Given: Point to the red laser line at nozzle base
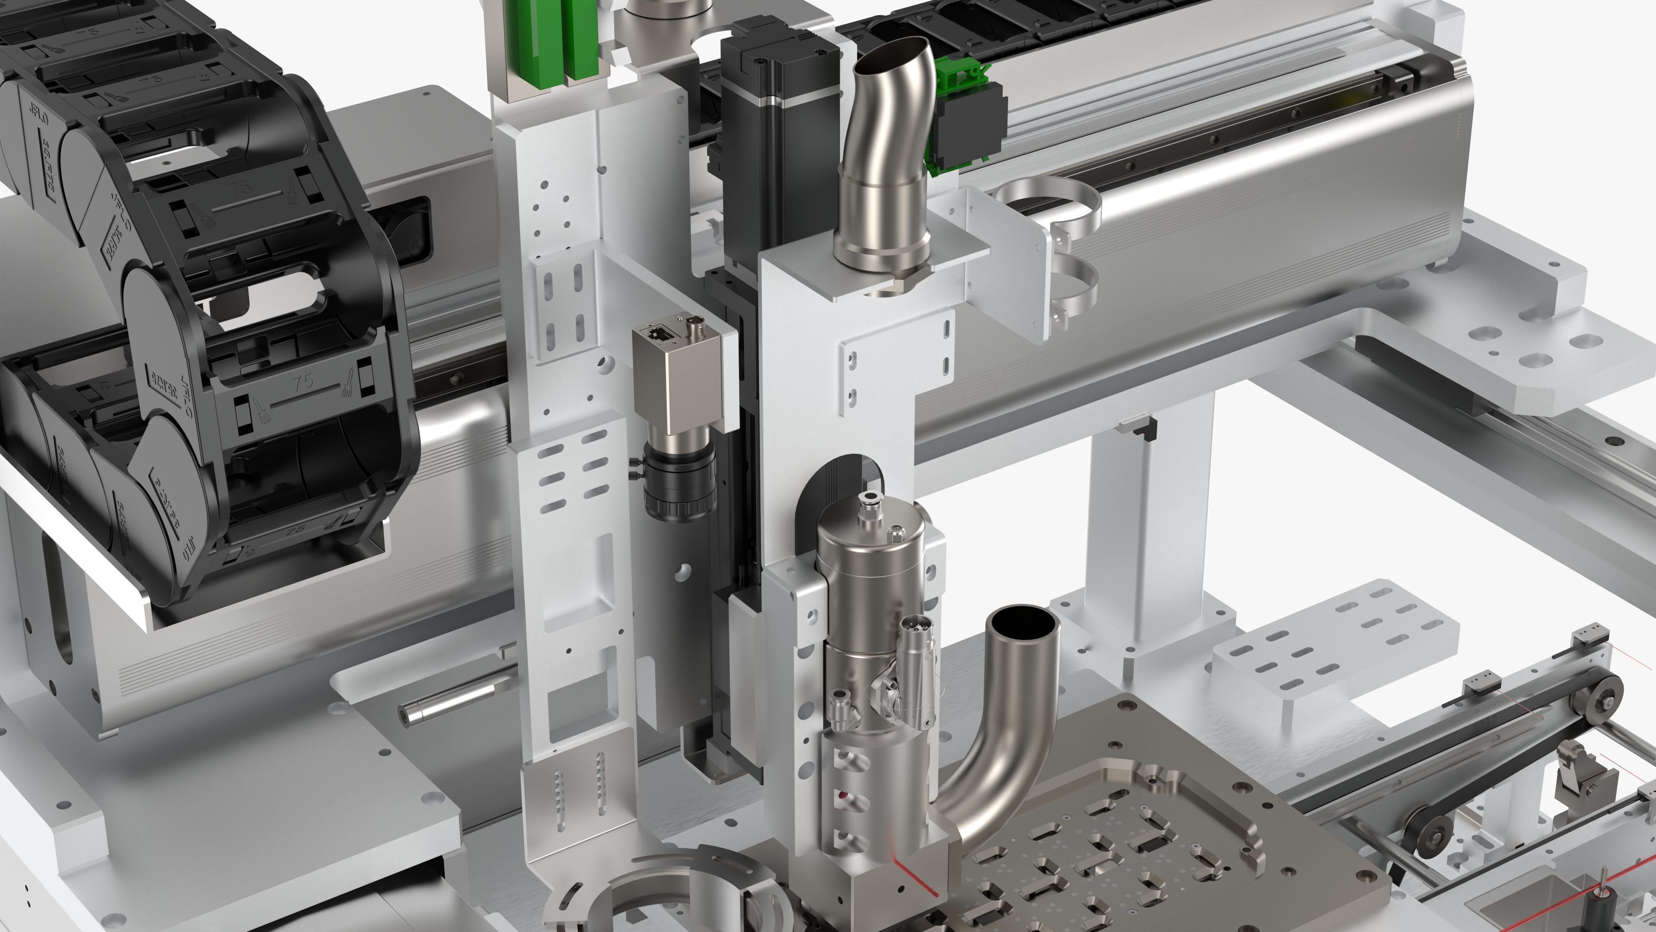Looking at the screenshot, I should (x=916, y=880).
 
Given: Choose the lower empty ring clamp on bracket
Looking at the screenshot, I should (x=1072, y=283).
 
